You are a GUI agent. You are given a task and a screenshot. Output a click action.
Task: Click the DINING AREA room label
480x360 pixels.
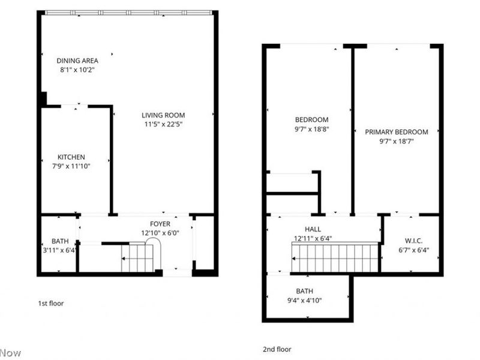[77, 61]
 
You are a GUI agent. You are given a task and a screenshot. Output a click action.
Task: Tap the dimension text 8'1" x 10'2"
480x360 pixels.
[77, 70]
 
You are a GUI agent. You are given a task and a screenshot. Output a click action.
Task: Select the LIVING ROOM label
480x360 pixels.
[163, 115]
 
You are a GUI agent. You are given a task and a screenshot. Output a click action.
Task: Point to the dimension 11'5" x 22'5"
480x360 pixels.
[163, 125]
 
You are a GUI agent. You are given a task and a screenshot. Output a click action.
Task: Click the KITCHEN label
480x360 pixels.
[71, 157]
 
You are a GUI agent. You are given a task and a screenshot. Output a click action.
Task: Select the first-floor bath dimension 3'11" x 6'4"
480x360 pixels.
[59, 250]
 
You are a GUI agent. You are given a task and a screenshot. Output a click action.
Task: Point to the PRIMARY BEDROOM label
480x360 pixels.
[397, 132]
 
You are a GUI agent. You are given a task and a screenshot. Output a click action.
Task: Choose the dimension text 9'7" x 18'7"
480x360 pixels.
[397, 142]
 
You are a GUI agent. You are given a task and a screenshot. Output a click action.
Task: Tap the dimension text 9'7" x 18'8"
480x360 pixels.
[311, 129]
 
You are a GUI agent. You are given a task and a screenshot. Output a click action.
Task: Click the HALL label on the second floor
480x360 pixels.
[313, 229]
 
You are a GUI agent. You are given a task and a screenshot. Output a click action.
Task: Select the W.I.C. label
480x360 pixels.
[414, 242]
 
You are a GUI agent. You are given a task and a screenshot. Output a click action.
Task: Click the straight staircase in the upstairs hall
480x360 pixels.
[335, 258]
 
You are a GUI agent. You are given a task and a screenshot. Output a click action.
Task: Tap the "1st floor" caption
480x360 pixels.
[50, 304]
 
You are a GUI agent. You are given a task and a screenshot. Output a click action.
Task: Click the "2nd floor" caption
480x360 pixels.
[277, 349]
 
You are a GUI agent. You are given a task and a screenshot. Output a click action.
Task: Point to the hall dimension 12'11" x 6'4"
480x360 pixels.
[313, 238]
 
